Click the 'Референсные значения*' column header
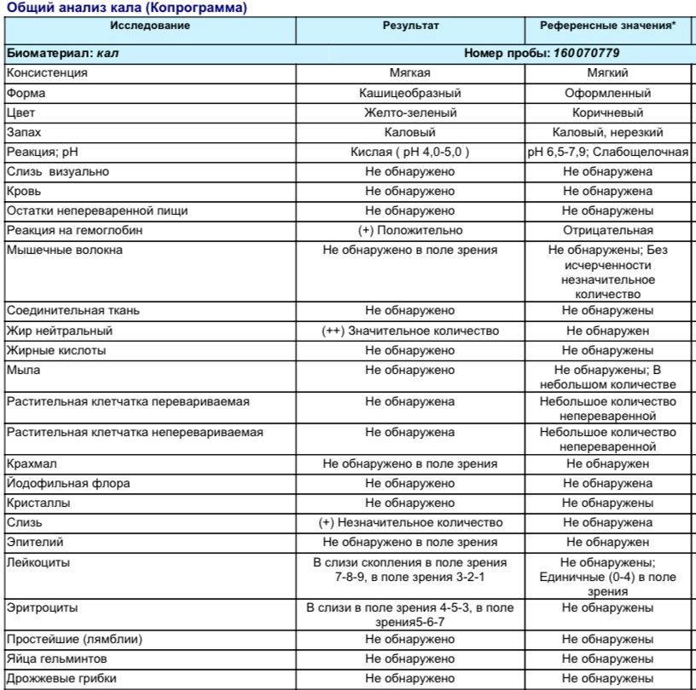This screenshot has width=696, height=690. click(608, 26)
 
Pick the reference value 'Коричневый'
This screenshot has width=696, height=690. click(608, 112)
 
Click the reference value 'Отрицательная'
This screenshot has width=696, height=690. click(608, 231)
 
